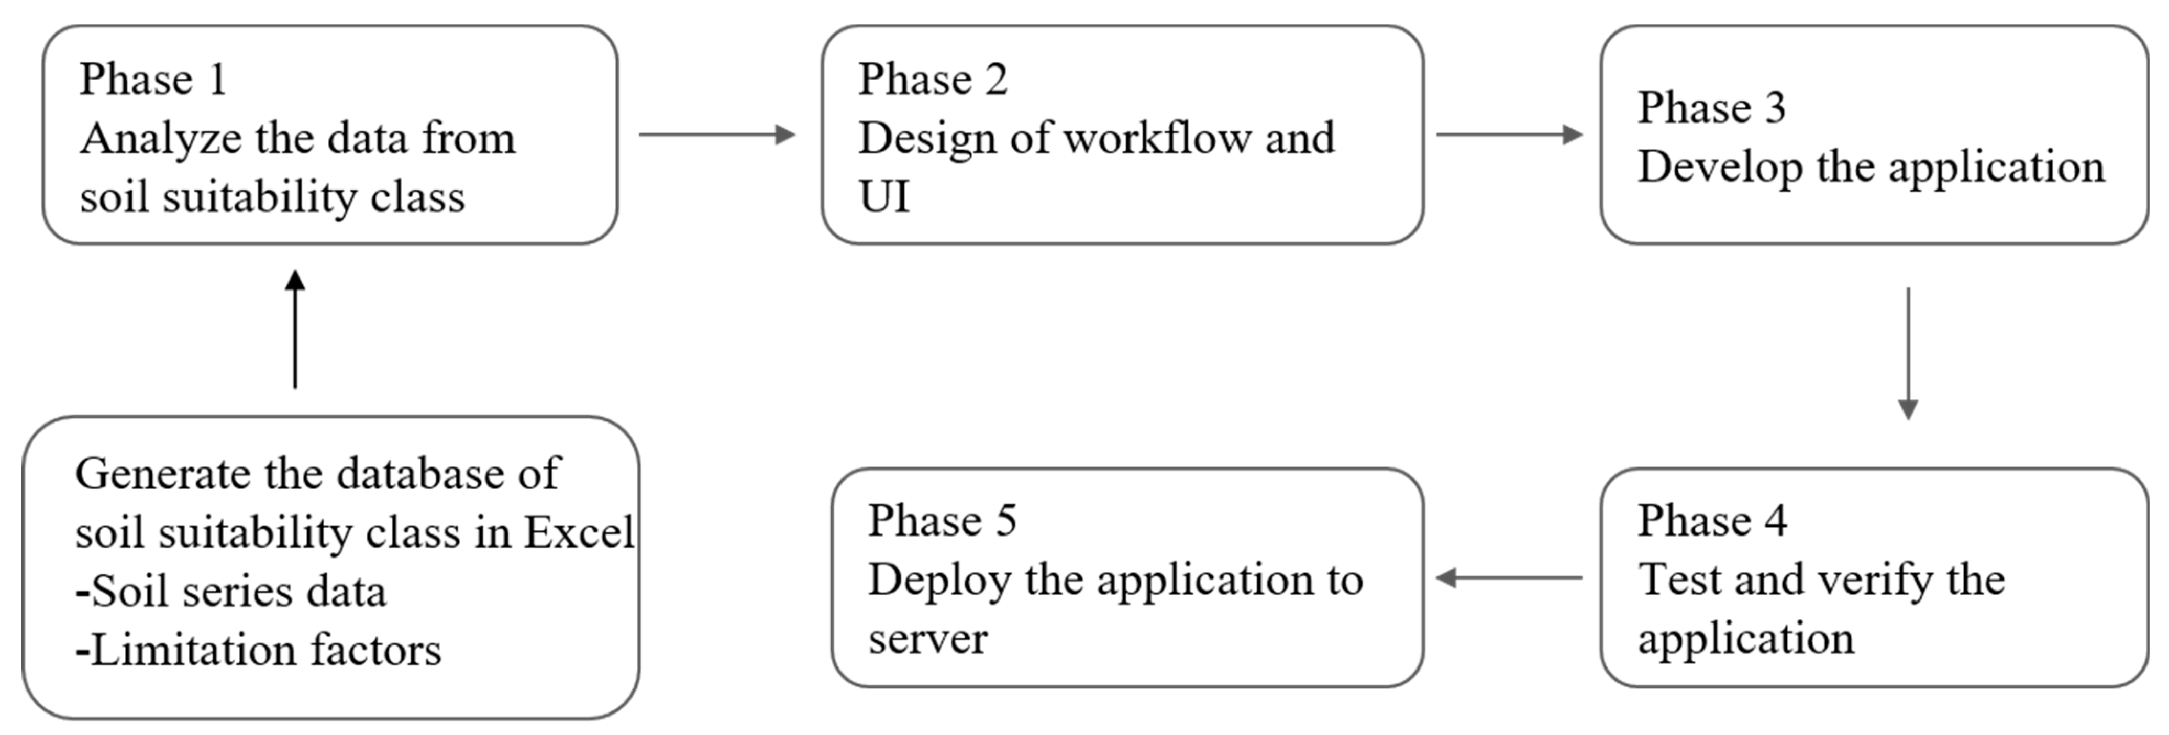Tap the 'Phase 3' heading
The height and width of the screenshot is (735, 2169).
tap(1711, 108)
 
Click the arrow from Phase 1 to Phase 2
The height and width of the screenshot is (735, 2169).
tap(716, 134)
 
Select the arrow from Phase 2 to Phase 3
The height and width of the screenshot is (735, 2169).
tap(1509, 134)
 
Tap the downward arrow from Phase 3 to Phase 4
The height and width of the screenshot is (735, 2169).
tap(1908, 353)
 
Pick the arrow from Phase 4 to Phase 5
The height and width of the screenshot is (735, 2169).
tap(1509, 577)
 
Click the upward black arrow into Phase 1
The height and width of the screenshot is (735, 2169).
tap(295, 329)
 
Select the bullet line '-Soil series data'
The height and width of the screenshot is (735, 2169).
tap(231, 591)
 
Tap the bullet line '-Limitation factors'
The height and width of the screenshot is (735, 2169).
tap(259, 650)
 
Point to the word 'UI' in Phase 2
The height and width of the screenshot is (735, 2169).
tap(884, 197)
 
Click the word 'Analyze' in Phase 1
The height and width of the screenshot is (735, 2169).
tap(161, 139)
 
